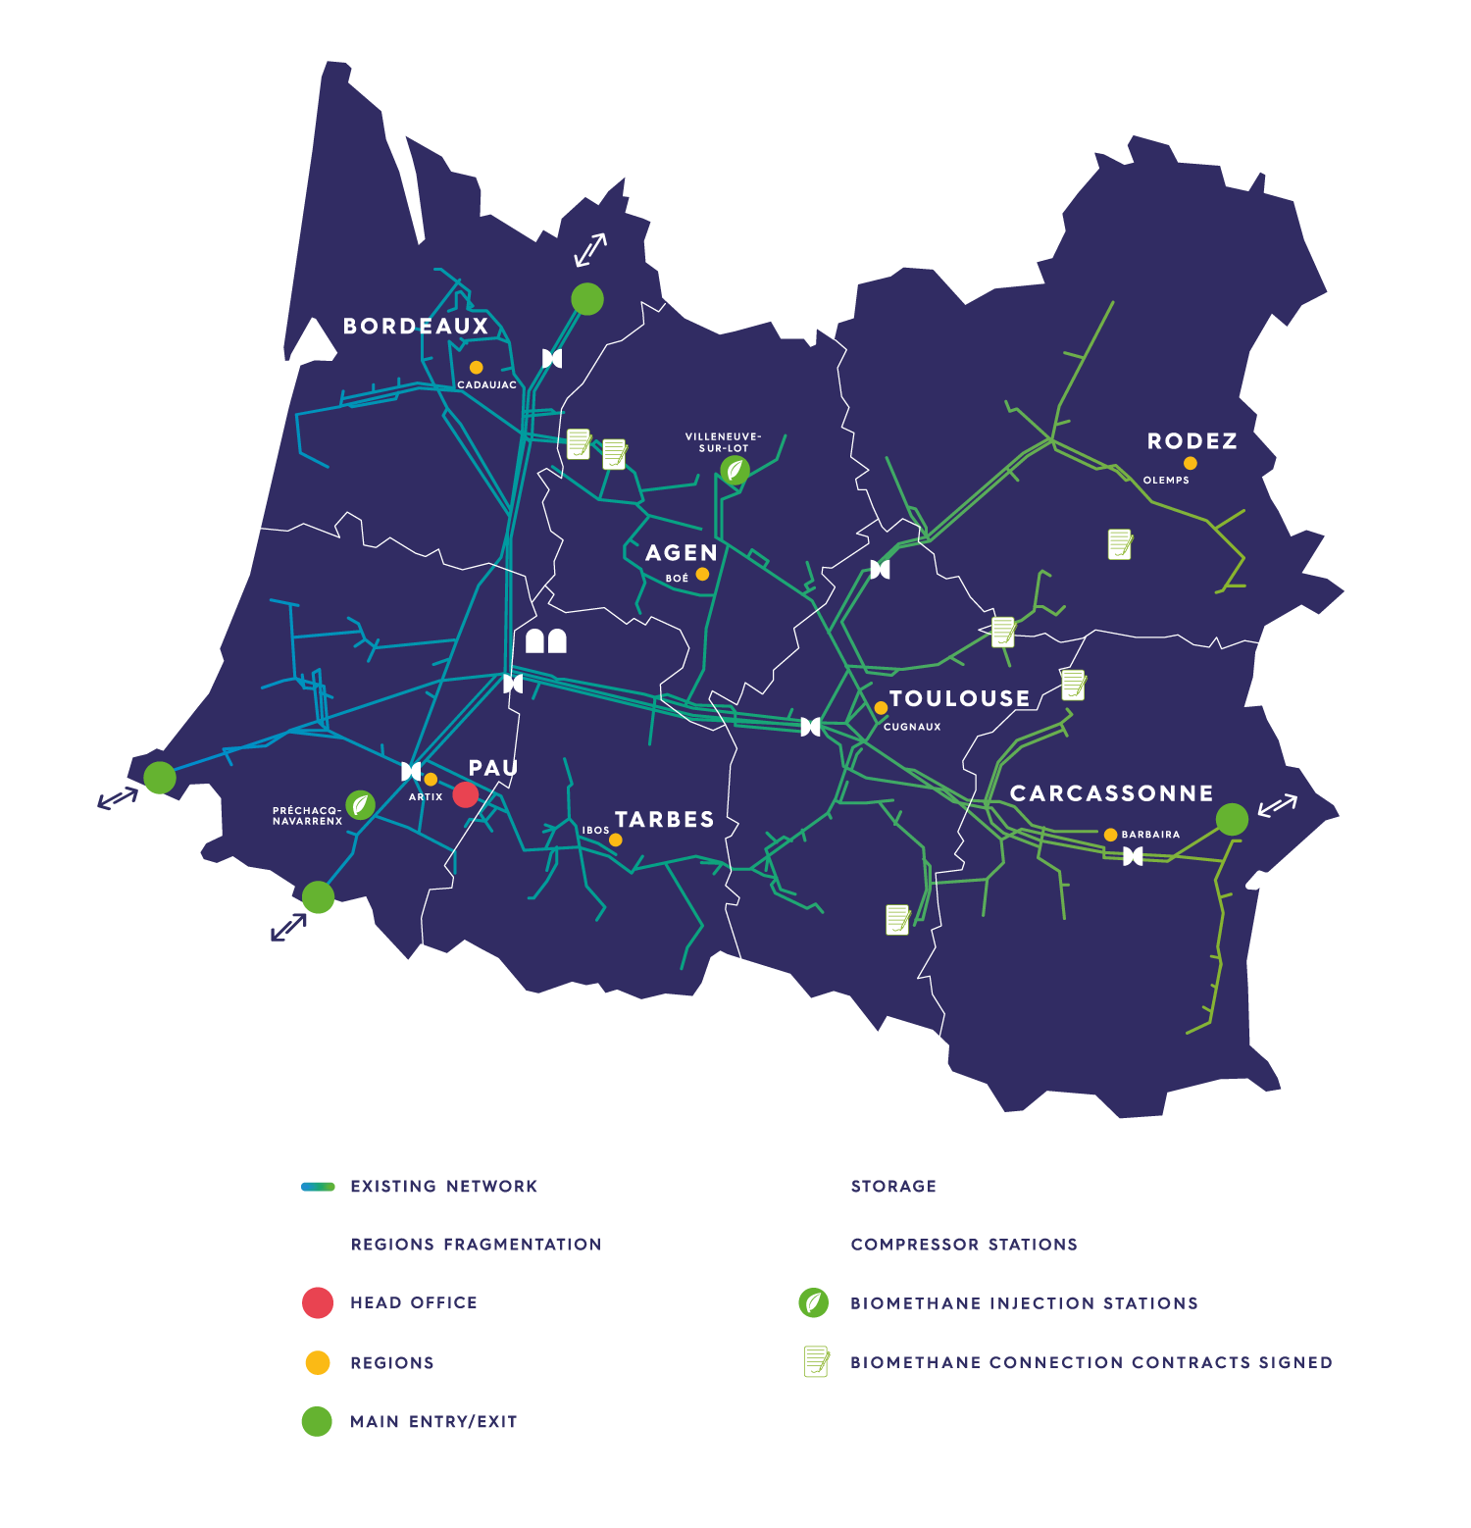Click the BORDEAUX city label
pyautogui.click(x=416, y=327)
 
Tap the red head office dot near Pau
pyautogui.click(x=466, y=794)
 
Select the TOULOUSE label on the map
pyautogui.click(x=960, y=698)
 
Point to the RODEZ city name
pyautogui.click(x=1192, y=441)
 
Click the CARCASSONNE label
pyautogui.click(x=1112, y=793)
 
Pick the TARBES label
pyautogui.click(x=665, y=820)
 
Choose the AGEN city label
pyautogui.click(x=682, y=553)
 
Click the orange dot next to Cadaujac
pyautogui.click(x=476, y=368)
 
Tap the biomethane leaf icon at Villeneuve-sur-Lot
pyautogui.click(x=735, y=471)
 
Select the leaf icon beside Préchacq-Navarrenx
pyautogui.click(x=361, y=805)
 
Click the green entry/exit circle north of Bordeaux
pyautogui.click(x=587, y=298)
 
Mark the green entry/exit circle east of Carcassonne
pyautogui.click(x=1232, y=819)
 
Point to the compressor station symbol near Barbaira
pyautogui.click(x=1133, y=856)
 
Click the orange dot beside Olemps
pyautogui.click(x=1190, y=463)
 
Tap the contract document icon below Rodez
pyautogui.click(x=1120, y=543)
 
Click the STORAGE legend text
pyautogui.click(x=893, y=1187)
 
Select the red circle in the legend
pyautogui.click(x=318, y=1302)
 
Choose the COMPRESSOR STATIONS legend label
pyautogui.click(x=964, y=1245)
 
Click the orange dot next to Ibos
pyautogui.click(x=616, y=840)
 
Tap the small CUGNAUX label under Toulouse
pyautogui.click(x=912, y=727)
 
